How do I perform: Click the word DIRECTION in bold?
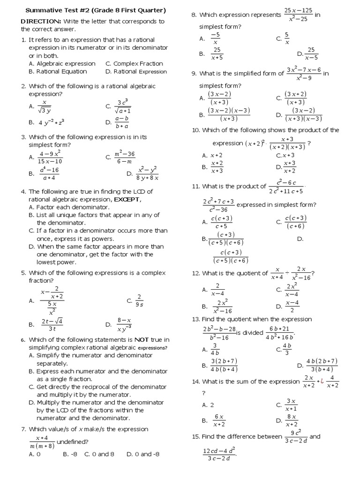(x=40, y=21)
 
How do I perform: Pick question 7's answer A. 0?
(x=35, y=454)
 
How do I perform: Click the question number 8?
(x=194, y=15)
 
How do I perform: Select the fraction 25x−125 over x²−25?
(x=298, y=15)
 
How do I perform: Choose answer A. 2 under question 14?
(x=208, y=405)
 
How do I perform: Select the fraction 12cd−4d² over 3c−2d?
(x=218, y=454)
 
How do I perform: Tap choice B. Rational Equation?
(x=58, y=71)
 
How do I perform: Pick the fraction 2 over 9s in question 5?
(x=139, y=300)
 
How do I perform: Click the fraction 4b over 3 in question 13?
(x=287, y=349)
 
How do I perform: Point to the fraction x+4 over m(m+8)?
(x=42, y=442)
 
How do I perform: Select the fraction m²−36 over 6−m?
(x=125, y=157)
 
